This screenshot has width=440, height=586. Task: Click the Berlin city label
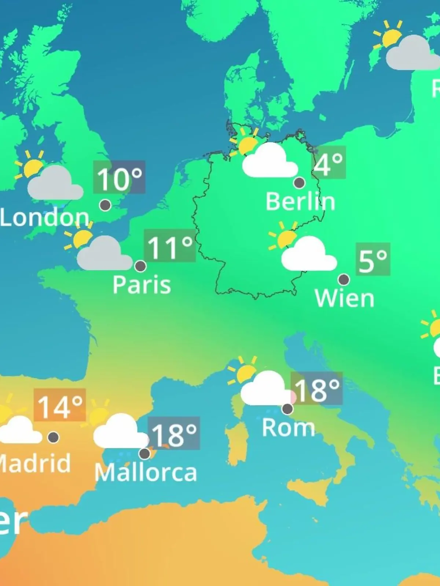point(300,202)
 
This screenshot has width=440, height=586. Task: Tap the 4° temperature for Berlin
point(329,163)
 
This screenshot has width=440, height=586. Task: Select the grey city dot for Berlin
point(299,182)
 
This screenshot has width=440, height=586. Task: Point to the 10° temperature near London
point(119,178)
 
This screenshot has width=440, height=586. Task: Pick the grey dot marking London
point(105,205)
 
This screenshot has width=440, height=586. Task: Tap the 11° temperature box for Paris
point(170,246)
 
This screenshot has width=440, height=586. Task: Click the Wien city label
point(344,298)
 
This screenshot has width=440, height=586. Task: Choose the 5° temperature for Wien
point(373,260)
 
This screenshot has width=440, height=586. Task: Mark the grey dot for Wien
point(344,280)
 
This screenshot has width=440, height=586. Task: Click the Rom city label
point(288,427)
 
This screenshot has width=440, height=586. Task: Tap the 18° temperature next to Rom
point(317,389)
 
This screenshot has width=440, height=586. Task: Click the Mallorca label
point(146,472)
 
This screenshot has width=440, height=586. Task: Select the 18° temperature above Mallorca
point(174,434)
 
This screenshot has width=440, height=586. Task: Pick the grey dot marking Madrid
point(54,437)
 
